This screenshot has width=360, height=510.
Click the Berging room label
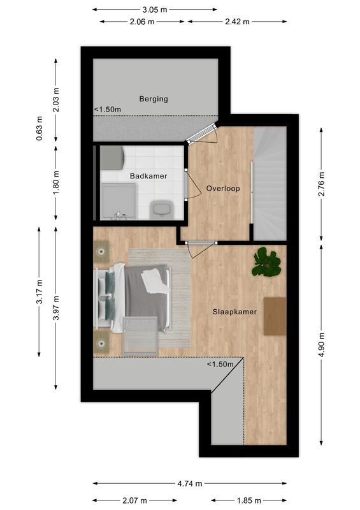154,99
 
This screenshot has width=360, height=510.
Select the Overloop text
222,189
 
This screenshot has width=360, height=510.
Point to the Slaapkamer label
234,312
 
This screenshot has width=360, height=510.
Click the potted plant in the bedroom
266,263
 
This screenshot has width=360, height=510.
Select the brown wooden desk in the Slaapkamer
275,316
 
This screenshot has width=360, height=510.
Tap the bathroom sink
159,208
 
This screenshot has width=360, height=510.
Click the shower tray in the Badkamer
118,201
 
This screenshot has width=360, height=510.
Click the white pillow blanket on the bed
155,280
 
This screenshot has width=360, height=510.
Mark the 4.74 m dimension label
189,483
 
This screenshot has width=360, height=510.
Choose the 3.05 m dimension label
155,10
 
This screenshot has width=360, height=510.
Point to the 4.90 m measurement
322,345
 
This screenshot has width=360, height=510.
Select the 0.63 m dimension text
40,128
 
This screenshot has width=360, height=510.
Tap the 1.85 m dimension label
248,500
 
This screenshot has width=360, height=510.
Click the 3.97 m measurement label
56,307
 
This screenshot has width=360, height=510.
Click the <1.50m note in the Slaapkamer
220,364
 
